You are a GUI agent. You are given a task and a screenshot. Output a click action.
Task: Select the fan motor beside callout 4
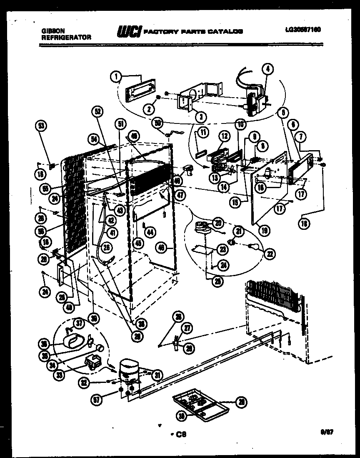[x=253, y=100]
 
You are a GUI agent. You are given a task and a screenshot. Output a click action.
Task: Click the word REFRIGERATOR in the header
[x=66, y=37]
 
